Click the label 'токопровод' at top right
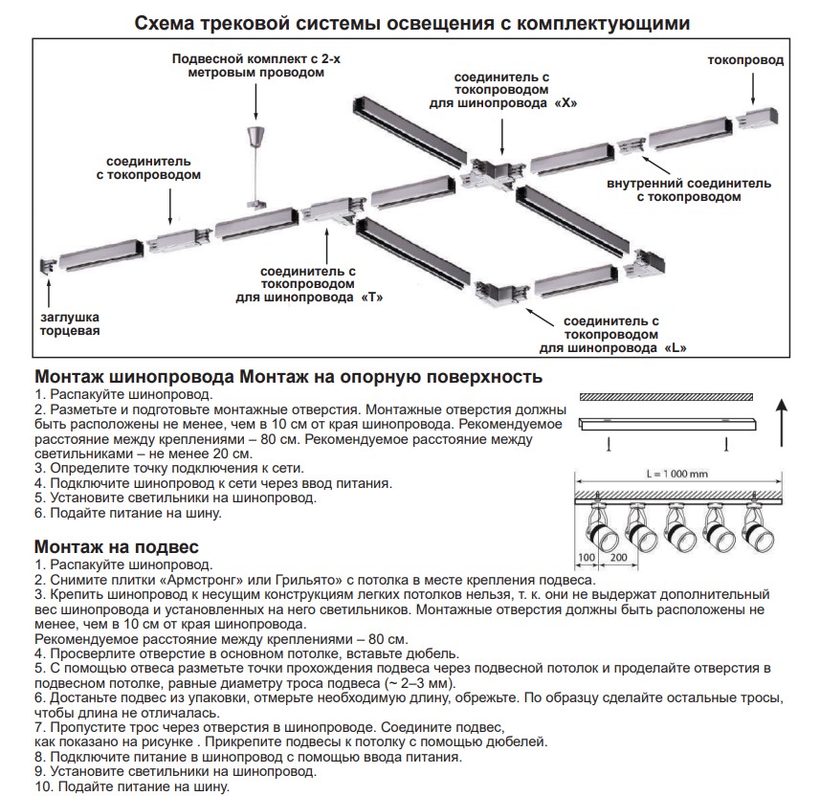pos(745,60)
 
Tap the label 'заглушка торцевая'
pos(70,323)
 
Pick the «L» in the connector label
pos(675,347)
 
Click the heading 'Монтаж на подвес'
pos(117,547)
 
